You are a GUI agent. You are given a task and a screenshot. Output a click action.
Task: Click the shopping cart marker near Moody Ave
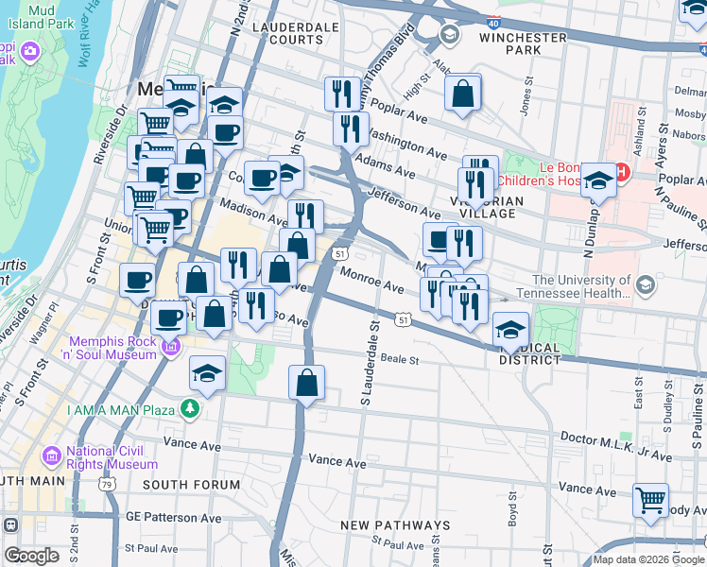pyautogui.click(x=650, y=500)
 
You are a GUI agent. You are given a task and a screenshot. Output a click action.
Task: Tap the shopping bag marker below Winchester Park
pyautogui.click(x=462, y=94)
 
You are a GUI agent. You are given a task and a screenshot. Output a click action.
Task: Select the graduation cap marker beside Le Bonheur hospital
pyautogui.click(x=598, y=179)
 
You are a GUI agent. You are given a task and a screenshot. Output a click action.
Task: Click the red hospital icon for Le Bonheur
pyautogui.click(x=622, y=171)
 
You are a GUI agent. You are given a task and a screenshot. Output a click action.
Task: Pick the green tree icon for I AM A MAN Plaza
pyautogui.click(x=190, y=408)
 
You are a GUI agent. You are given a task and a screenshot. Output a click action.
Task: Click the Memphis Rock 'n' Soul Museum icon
pyautogui.click(x=171, y=347)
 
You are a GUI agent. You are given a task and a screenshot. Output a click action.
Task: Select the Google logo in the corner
pyautogui.click(x=31, y=555)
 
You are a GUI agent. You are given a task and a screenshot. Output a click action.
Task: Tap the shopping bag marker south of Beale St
pyautogui.click(x=306, y=384)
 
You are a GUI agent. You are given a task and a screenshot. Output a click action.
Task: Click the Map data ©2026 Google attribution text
pyautogui.click(x=648, y=559)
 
